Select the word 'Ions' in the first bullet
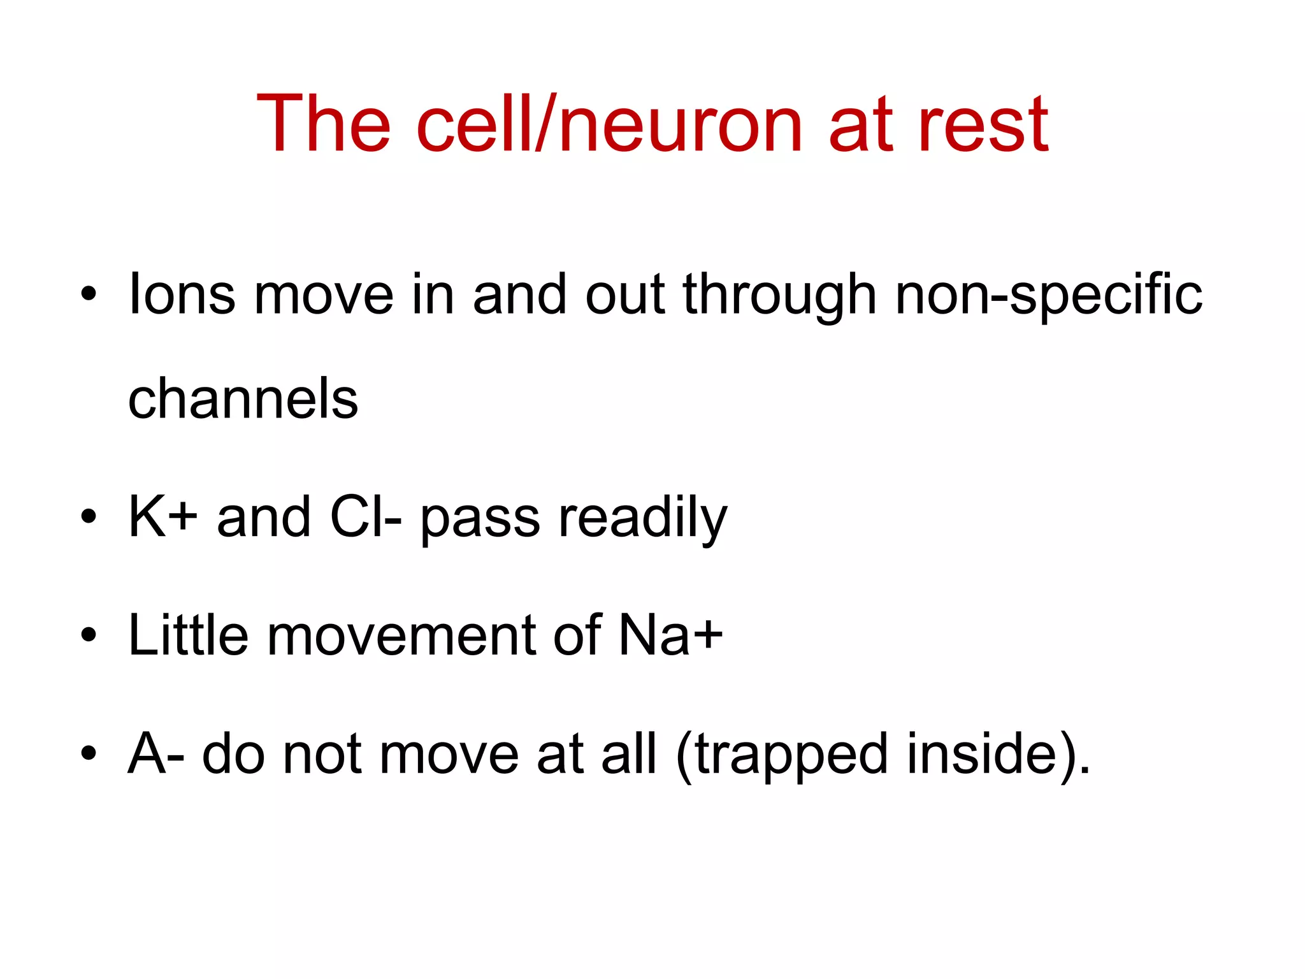coord(182,294)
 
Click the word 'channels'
coord(243,398)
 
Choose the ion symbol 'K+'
coord(163,517)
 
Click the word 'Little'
coord(188,635)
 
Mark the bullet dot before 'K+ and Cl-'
coord(89,516)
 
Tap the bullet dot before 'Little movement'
coord(89,634)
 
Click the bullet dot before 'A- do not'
coord(89,753)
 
